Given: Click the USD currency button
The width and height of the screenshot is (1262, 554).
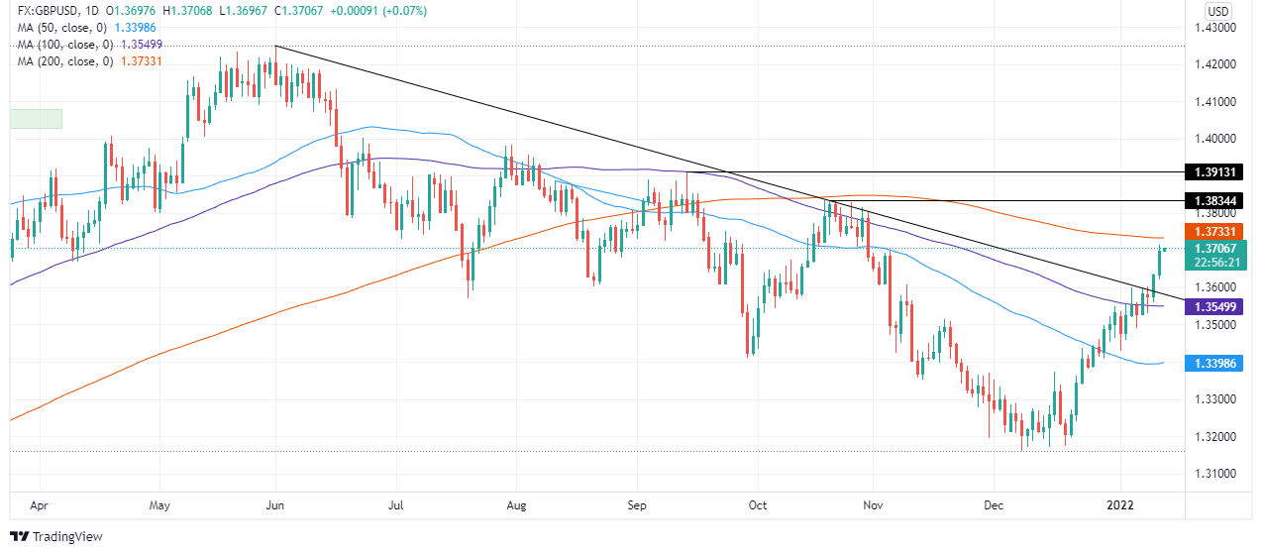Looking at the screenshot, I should [x=1217, y=11].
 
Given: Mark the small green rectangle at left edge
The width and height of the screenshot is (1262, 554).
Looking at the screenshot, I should [x=36, y=118].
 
